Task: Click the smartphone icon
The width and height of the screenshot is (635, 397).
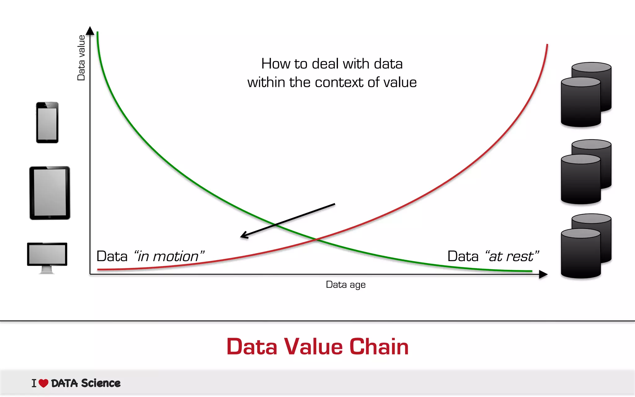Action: [47, 123]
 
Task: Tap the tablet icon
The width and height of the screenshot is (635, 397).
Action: [50, 193]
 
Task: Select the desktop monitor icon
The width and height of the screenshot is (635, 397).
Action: [47, 255]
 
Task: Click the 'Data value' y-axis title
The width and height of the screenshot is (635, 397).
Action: [81, 58]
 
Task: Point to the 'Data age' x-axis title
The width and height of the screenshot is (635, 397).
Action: [345, 284]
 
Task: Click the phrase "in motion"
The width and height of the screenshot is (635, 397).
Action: [169, 256]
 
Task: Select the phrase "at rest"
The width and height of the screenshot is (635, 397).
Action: [512, 256]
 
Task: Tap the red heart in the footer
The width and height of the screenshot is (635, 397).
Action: [43, 383]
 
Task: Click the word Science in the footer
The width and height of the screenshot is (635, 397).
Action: [101, 383]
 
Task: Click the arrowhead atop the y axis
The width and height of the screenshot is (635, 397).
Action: [90, 30]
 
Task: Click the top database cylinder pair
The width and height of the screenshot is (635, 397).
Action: [586, 95]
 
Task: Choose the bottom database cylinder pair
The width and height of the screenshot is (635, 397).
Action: [586, 246]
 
